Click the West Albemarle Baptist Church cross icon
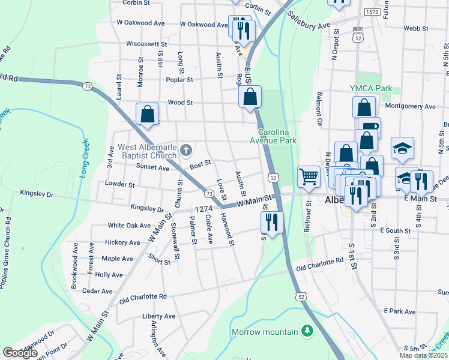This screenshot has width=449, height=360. [x=186, y=149]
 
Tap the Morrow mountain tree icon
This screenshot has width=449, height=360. [x=307, y=331]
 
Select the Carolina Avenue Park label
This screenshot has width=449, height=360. [x=278, y=136]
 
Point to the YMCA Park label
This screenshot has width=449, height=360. [x=371, y=88]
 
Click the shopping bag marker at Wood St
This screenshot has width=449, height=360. [x=250, y=97]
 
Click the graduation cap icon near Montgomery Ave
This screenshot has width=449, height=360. [x=402, y=148]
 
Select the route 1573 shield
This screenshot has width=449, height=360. [x=372, y=11]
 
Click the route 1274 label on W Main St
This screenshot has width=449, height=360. [x=204, y=209]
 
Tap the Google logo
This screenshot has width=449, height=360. [x=20, y=353]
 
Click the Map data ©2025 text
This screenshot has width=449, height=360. [x=423, y=355]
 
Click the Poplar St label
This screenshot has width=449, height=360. [x=180, y=79]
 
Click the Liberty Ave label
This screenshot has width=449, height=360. [x=158, y=316]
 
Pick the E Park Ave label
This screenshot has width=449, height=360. [x=400, y=311]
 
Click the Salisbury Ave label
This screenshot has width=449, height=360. [x=309, y=22]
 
